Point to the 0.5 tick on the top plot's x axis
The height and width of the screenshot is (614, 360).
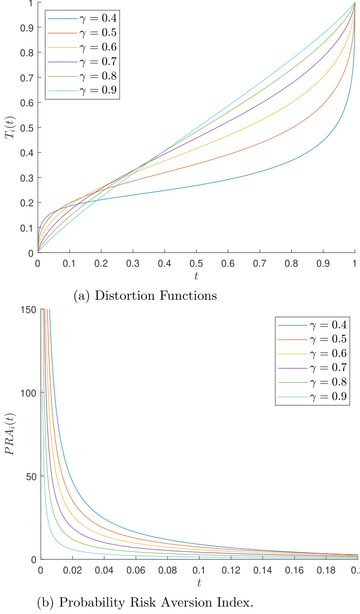tap(196, 263)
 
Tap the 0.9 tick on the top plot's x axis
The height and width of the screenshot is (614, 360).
tap(323, 263)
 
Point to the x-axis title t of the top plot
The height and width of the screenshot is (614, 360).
tap(196, 276)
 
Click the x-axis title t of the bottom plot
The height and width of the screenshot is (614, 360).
tap(199, 583)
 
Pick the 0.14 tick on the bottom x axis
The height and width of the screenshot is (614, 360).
tap(263, 570)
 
